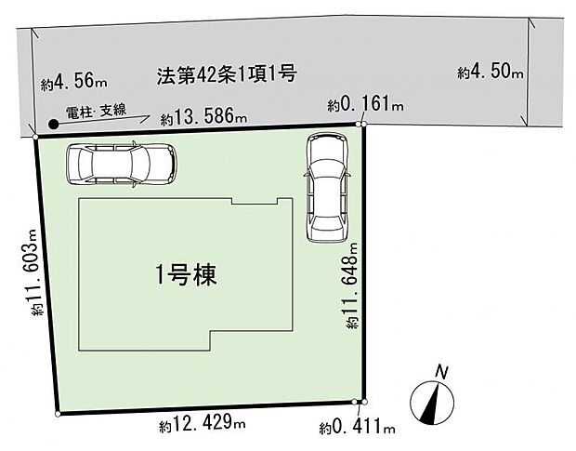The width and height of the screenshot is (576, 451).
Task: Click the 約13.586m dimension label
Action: [x=203, y=118]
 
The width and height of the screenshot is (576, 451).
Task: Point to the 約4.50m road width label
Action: [x=491, y=73]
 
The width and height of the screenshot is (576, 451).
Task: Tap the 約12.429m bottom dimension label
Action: [x=202, y=425]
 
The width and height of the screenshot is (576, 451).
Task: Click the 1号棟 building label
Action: [x=186, y=276]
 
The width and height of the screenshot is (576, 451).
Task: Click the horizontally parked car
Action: [x=121, y=165]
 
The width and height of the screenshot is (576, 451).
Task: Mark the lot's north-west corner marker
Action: [x=35, y=137]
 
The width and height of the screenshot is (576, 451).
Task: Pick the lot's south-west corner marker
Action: [x=59, y=412]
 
